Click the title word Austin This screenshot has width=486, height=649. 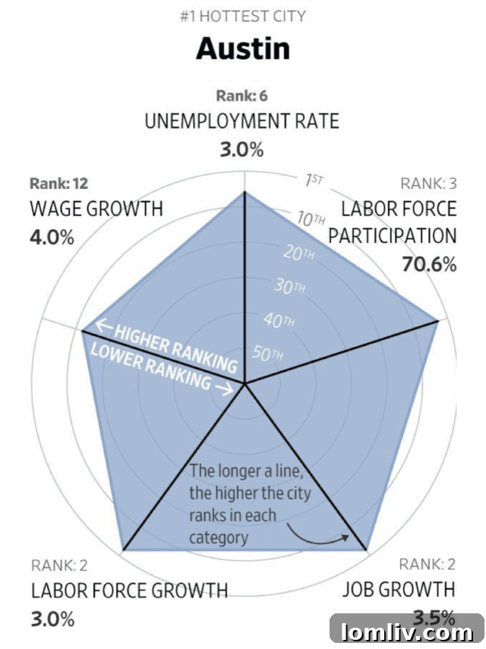tap(242, 49)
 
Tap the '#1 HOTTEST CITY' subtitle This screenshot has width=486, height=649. tap(242, 15)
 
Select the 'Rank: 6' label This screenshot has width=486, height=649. tap(241, 96)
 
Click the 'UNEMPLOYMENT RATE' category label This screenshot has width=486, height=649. tap(241, 121)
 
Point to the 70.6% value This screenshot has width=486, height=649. tap(428, 264)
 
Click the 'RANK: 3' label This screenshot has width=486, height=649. tap(428, 183)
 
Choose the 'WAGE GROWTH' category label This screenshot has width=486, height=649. tap(96, 209)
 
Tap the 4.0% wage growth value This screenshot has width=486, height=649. tap(52, 237)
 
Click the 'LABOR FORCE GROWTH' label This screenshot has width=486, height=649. tap(129, 590)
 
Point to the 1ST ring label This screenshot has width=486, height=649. tap(314, 180)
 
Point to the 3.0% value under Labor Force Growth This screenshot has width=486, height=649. tap(52, 618)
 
